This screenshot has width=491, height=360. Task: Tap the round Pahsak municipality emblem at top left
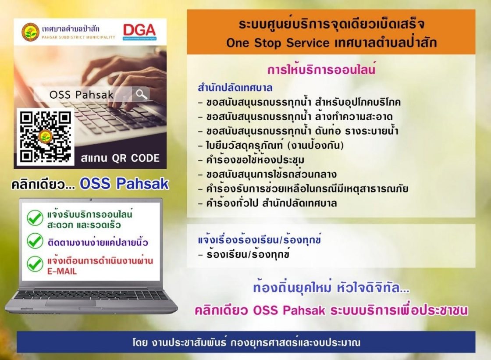click(x=30, y=32)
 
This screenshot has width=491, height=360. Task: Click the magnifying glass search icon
click(x=141, y=94)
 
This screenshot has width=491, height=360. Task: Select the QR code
click(x=46, y=137)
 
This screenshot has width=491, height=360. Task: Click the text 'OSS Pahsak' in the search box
click(x=82, y=94)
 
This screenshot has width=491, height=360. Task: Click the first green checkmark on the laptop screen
click(x=35, y=218)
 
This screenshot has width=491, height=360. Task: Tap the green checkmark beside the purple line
click(x=35, y=241)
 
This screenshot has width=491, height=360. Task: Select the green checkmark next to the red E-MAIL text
click(x=35, y=264)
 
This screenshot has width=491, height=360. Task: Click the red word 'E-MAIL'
click(x=62, y=271)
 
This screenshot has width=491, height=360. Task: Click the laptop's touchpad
click(x=71, y=303)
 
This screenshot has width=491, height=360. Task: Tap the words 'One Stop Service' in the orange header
click(x=278, y=43)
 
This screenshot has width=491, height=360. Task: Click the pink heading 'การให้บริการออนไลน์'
click(x=321, y=69)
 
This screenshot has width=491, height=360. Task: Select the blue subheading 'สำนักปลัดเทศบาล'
click(x=235, y=87)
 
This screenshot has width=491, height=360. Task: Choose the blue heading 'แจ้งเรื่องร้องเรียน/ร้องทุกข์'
click(x=260, y=239)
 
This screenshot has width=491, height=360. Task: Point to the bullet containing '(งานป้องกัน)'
click(x=271, y=146)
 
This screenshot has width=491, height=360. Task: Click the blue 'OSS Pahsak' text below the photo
click(x=125, y=184)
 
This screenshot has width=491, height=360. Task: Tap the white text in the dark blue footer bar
click(x=246, y=342)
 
